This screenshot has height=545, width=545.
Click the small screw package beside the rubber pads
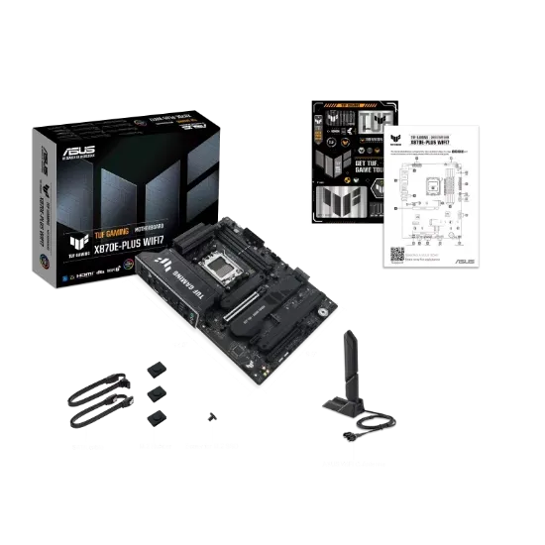point(209,419)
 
